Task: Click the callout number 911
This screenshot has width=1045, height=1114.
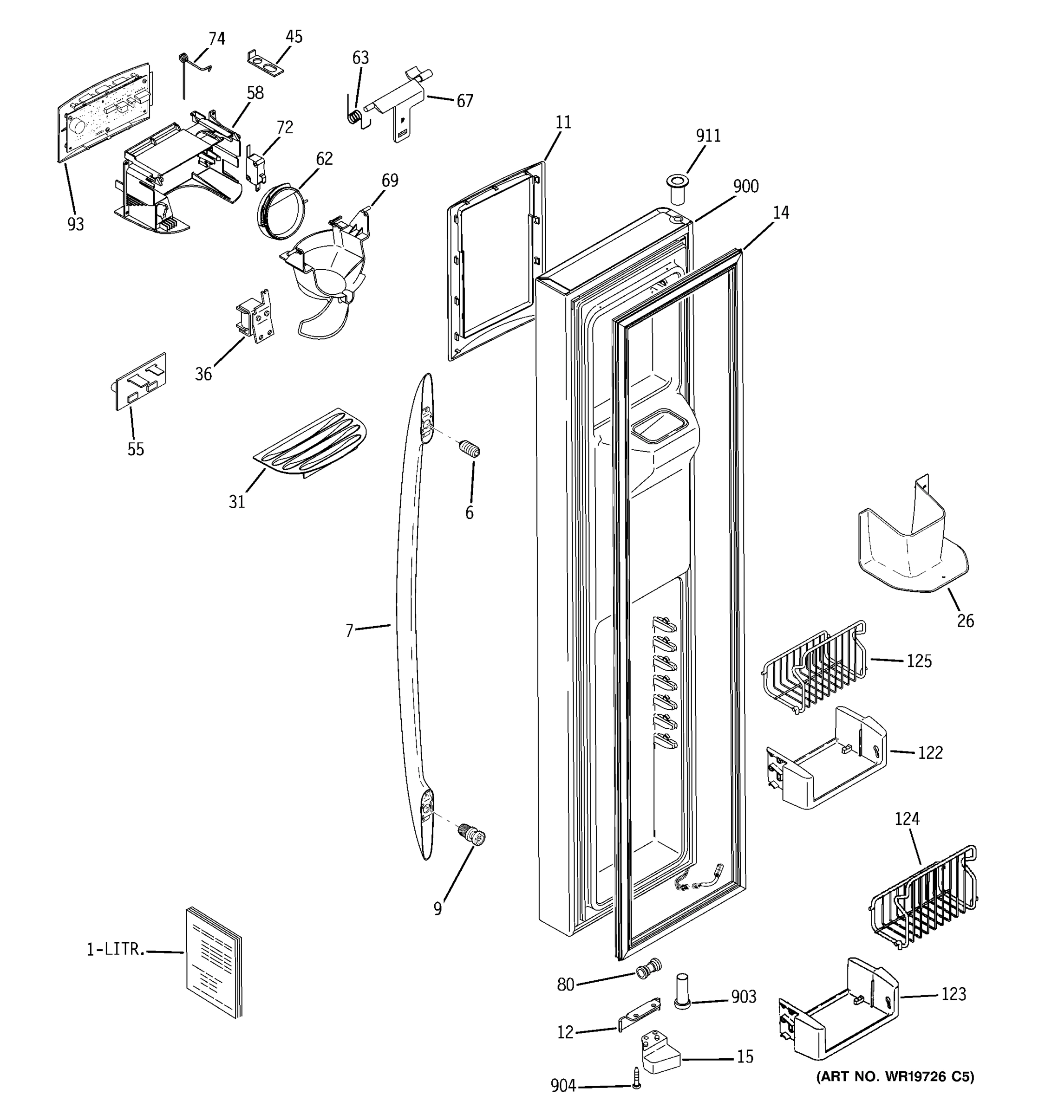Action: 708,136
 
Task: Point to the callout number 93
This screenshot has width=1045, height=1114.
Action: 76,224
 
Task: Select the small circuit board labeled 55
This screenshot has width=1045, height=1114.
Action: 140,382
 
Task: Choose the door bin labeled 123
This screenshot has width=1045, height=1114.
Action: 837,1012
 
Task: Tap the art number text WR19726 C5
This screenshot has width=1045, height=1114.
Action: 895,1076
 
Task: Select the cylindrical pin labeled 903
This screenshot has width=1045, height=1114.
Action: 682,991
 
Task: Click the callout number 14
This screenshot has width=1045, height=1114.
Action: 780,213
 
